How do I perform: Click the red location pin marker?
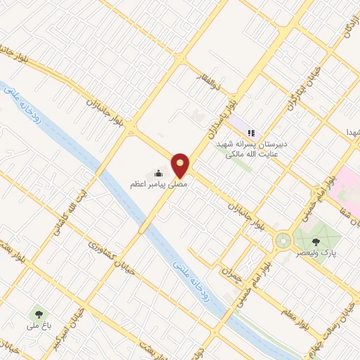181,165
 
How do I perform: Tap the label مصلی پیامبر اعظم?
150,184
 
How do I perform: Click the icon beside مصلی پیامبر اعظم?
159,172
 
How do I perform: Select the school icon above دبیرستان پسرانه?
251,131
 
